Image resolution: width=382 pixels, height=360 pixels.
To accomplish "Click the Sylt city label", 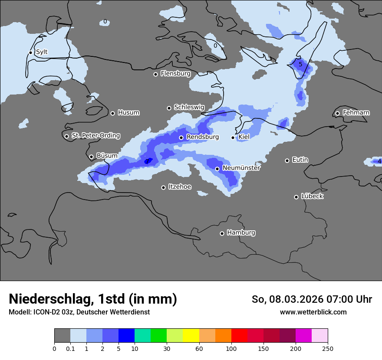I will [x=42, y=52].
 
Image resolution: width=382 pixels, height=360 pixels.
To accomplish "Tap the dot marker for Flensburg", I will [x=155, y=74].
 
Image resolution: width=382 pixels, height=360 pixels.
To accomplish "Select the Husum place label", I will [x=128, y=113].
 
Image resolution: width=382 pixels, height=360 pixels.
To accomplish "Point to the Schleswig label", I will [x=189, y=107].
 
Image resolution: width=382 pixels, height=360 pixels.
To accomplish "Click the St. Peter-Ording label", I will [x=95, y=136].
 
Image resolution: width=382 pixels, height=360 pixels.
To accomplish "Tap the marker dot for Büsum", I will [x=91, y=157].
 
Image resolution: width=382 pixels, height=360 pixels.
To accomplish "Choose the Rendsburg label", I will [x=202, y=137].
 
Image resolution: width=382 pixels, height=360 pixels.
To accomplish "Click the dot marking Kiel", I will [x=233, y=137].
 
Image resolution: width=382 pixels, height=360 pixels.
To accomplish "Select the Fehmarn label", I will [x=356, y=113].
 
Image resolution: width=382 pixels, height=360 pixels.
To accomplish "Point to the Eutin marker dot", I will [x=287, y=160].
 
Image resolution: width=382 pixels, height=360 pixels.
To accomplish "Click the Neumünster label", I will [x=241, y=168].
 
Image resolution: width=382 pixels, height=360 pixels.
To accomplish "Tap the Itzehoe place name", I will [x=180, y=187].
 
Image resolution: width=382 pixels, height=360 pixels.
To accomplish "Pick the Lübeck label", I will [x=312, y=196].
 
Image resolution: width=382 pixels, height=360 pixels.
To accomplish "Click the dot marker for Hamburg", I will [x=222, y=233].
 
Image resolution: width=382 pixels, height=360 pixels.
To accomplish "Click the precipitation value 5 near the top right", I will [x=300, y=65].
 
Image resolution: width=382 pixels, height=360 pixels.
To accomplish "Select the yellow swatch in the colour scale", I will [x=191, y=336].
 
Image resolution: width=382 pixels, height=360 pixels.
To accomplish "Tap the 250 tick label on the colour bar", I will [x=328, y=348].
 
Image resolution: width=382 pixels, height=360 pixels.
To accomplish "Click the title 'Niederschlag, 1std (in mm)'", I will [x=93, y=299].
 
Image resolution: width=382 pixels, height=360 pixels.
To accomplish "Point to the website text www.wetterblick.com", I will [x=313, y=312].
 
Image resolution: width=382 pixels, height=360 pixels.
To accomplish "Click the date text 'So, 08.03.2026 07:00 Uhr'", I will [x=312, y=299].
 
